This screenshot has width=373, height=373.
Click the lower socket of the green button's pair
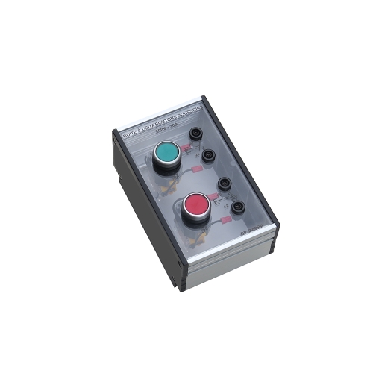209,156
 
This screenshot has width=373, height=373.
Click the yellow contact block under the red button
201,239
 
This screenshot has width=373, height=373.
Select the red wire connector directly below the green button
195,171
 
